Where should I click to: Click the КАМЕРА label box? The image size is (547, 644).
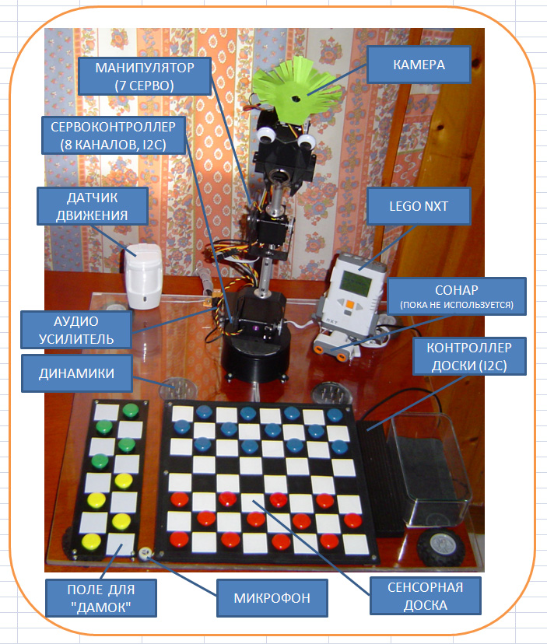pyautogui.click(x=419, y=65)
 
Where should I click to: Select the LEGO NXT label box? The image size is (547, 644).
pyautogui.click(x=419, y=206)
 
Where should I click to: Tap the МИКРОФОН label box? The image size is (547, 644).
pyautogui.click(x=272, y=597)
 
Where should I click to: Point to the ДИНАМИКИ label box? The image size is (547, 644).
pyautogui.click(x=77, y=373)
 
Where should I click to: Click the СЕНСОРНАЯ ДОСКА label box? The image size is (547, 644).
pyautogui.click(x=426, y=596)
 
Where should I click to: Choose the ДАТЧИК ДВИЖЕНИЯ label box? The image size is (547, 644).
pyautogui.click(x=93, y=206)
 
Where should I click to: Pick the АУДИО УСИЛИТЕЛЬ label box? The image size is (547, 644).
pyautogui.click(x=76, y=330)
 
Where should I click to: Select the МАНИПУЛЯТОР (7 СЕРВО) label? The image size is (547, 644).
pyautogui.click(x=145, y=76)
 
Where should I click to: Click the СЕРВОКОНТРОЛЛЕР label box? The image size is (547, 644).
pyautogui.click(x=114, y=135)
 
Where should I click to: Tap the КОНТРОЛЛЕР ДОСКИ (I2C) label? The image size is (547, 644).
pyautogui.click(x=469, y=356)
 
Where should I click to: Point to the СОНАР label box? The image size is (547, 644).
pyautogui.click(x=457, y=296)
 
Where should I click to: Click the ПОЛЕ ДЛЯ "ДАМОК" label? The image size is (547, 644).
pyautogui.click(x=101, y=598)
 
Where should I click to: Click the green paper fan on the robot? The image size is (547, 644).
pyautogui.click(x=296, y=89)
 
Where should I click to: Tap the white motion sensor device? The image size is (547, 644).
pyautogui.click(x=143, y=276)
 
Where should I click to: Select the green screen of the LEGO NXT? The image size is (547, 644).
pyautogui.click(x=358, y=282)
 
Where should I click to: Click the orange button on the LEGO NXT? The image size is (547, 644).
pyautogui.click(x=349, y=304)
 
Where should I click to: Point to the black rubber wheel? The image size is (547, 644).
pyautogui.click(x=440, y=548)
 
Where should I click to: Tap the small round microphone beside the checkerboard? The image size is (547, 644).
pyautogui.click(x=145, y=554)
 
